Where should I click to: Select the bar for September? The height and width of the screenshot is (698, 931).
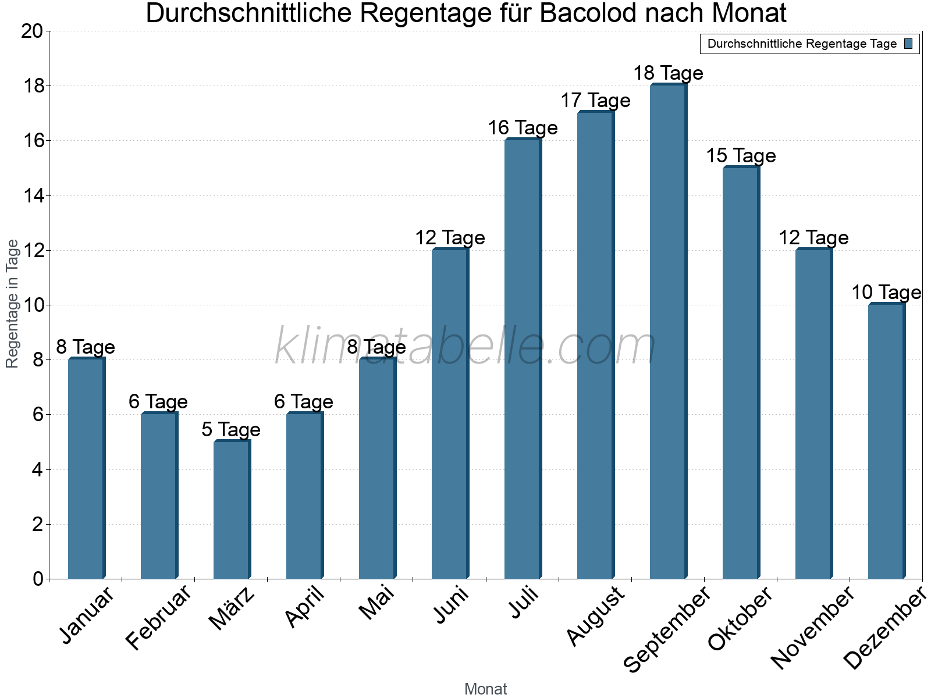pyautogui.click(x=668, y=332)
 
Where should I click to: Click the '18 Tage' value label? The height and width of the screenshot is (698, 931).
pyautogui.click(x=668, y=73)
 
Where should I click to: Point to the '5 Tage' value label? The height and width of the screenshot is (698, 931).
pyautogui.click(x=231, y=430)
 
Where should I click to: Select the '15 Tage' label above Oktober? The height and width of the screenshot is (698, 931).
pyautogui.click(x=741, y=156)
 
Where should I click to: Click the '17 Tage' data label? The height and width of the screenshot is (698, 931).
pyautogui.click(x=595, y=101)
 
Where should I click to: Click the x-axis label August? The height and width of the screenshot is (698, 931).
pyautogui.click(x=595, y=617)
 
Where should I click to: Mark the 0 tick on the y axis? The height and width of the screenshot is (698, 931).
pyautogui.click(x=38, y=579)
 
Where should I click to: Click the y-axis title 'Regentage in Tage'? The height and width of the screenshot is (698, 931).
pyautogui.click(x=13, y=304)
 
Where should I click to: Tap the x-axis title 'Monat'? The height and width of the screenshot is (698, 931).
pyautogui.click(x=485, y=689)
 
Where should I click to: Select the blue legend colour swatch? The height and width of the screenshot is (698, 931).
pyautogui.click(x=908, y=44)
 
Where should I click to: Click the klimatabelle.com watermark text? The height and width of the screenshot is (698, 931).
pyautogui.click(x=465, y=347)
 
